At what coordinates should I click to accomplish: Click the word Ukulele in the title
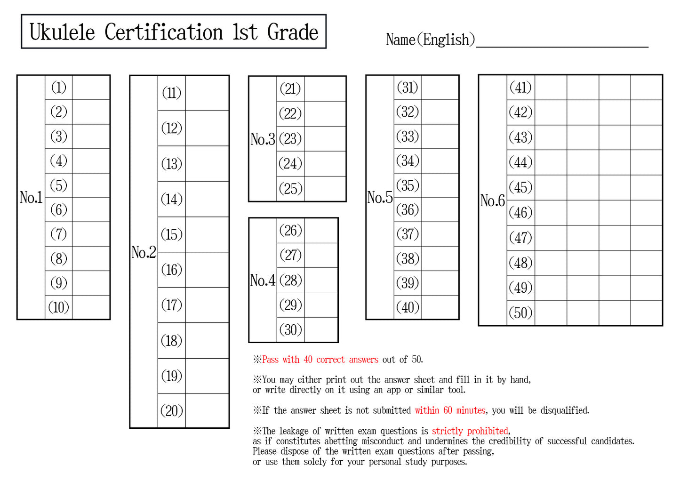click(62, 32)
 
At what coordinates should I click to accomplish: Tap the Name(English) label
click(430, 40)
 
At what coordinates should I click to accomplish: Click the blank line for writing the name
click(562, 41)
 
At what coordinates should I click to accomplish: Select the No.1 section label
click(31, 197)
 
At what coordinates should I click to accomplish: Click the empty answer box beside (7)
click(91, 234)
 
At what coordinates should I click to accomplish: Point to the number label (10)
click(59, 307)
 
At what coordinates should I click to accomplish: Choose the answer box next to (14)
click(207, 199)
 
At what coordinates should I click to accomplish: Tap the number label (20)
click(172, 411)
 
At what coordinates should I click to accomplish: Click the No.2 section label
click(144, 252)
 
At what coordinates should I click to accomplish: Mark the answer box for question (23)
click(325, 139)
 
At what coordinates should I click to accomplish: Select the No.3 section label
click(263, 139)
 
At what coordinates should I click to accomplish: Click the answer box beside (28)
click(321, 281)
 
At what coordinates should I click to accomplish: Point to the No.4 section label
click(263, 281)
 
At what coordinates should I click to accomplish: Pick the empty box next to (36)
click(440, 209)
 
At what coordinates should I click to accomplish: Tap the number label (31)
click(408, 88)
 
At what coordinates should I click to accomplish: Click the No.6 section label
click(492, 200)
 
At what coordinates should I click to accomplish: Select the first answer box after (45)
click(551, 187)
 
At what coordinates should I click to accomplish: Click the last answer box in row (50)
click(646, 313)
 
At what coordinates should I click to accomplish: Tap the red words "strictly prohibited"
click(470, 431)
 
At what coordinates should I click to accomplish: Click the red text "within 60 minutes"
click(450, 410)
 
